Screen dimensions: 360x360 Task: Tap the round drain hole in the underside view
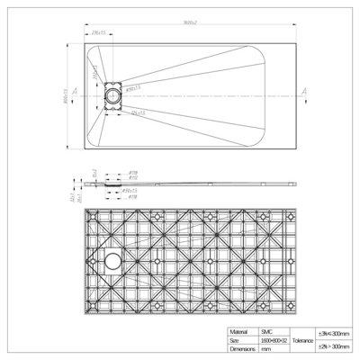112,262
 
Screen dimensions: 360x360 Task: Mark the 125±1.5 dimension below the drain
138,114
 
